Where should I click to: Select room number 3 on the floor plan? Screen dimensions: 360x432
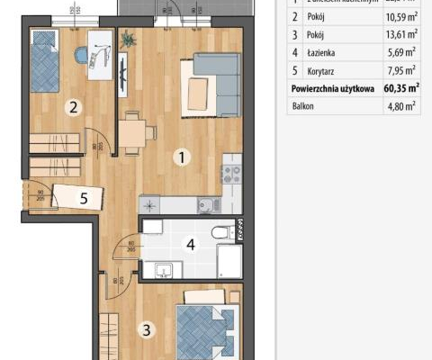[x=146, y=330]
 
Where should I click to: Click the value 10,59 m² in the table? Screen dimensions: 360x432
[x=400, y=17]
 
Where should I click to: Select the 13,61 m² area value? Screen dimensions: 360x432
[x=400, y=35]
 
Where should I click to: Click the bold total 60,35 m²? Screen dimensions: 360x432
[x=400, y=89]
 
